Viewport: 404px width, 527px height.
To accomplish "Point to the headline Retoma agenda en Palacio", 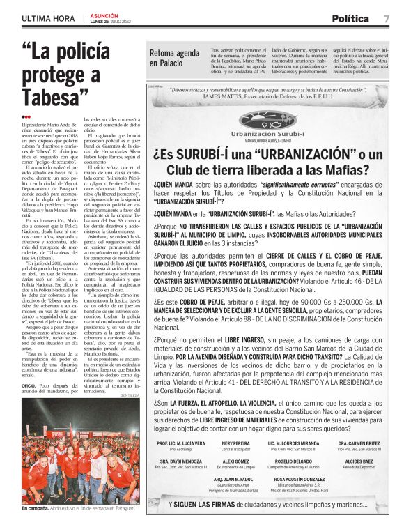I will tap(174, 58).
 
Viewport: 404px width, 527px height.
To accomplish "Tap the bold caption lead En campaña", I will tap(34, 509).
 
